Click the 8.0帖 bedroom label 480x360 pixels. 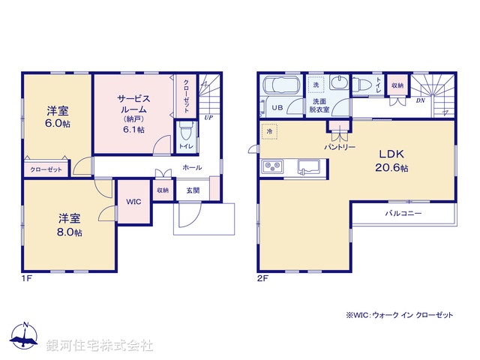(x=70, y=225)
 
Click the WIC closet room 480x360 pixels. (x=133, y=202)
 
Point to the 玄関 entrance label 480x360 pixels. (x=193, y=190)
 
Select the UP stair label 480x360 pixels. (x=207, y=118)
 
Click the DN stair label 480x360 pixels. (x=421, y=99)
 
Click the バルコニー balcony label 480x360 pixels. (x=403, y=214)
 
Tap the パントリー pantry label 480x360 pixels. (x=340, y=147)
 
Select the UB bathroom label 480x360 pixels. (x=277, y=108)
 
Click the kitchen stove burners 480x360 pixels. (x=271, y=166)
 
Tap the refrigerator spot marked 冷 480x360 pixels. (x=269, y=131)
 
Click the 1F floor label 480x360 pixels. (x=27, y=278)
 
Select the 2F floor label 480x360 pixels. (x=262, y=278)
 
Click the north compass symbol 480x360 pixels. (x=25, y=337)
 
